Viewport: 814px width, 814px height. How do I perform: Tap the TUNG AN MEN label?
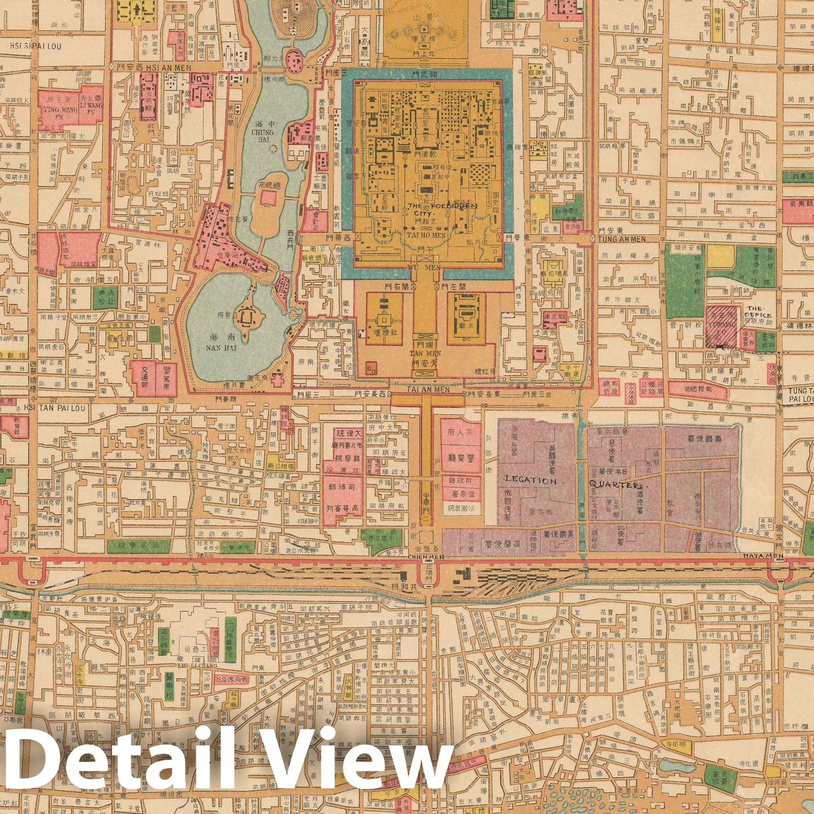click(622, 239)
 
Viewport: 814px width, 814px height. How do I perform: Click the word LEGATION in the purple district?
click(527, 480)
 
